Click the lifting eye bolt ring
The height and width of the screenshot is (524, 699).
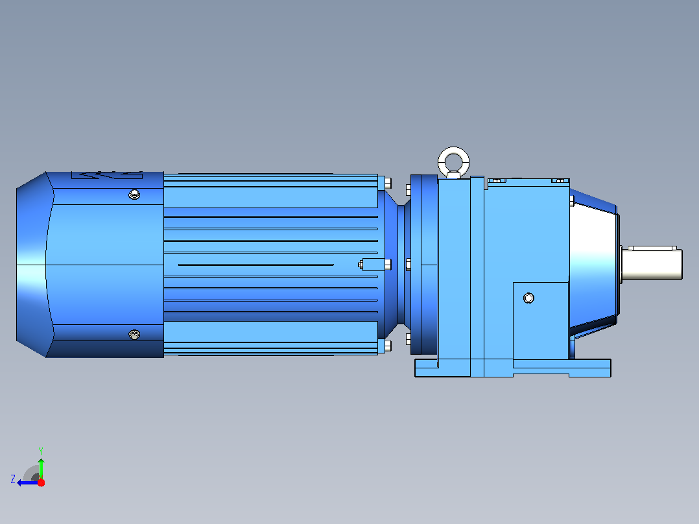click(454, 152)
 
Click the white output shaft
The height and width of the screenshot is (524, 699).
click(652, 265)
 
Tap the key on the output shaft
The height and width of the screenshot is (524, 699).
click(652, 248)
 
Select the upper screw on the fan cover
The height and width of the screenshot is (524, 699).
click(134, 194)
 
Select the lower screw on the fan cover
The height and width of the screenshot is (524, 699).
click(134, 335)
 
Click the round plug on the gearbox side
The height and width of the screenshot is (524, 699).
click(528, 298)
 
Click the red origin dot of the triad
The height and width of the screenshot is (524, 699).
click(41, 482)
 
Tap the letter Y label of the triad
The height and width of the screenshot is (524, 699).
click(41, 451)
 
